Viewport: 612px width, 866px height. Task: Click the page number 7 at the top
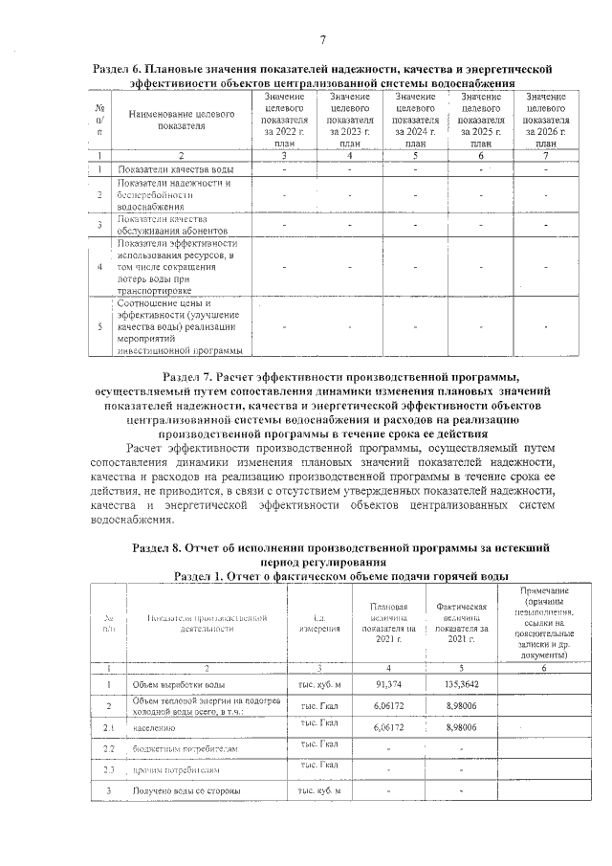(x=322, y=39)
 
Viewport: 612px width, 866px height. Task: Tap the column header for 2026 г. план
(x=545, y=121)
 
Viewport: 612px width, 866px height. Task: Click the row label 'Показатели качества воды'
(x=174, y=169)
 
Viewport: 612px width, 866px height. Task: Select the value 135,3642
(x=462, y=685)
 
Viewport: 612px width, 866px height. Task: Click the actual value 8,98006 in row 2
(x=462, y=705)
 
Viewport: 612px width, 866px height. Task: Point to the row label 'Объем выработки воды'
(x=180, y=685)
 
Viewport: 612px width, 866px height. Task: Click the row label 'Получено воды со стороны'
(x=186, y=790)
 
